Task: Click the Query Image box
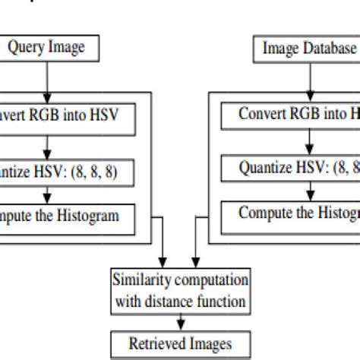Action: coord(46,49)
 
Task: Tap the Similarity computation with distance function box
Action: coord(179,290)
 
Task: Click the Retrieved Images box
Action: coord(179,343)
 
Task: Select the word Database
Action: coord(328,49)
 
